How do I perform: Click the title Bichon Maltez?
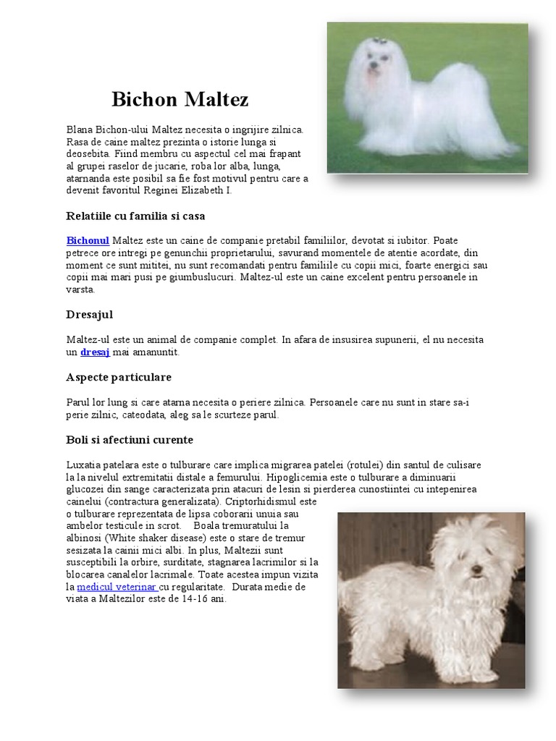180,99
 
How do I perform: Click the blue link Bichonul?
88,240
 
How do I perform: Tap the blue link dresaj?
95,352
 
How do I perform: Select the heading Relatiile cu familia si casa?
135,216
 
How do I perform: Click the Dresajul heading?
89,315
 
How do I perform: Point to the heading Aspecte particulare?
119,377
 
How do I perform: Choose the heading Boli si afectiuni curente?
130,439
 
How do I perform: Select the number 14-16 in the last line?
193,598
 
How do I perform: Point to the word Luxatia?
83,465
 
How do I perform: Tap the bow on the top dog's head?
379,41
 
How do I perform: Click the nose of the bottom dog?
476,569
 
